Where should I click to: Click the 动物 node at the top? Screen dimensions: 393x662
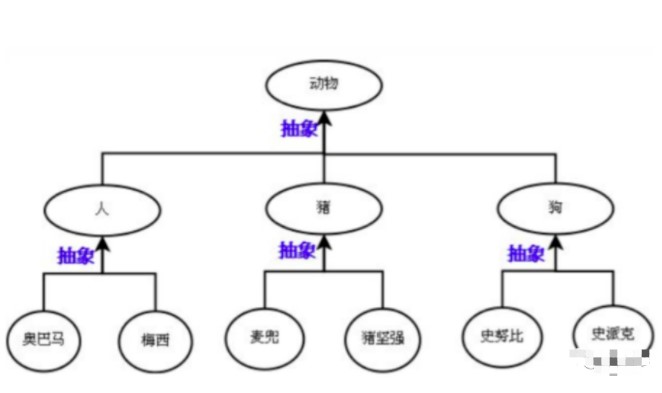click(x=325, y=83)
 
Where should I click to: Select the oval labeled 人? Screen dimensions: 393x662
click(x=102, y=208)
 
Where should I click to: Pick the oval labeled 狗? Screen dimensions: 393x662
click(x=554, y=208)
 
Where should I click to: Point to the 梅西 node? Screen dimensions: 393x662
click(x=156, y=338)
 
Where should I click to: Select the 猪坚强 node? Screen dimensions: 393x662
click(x=383, y=335)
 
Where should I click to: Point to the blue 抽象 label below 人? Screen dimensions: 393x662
click(x=76, y=255)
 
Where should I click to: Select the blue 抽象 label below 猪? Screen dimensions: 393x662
click(x=297, y=249)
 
